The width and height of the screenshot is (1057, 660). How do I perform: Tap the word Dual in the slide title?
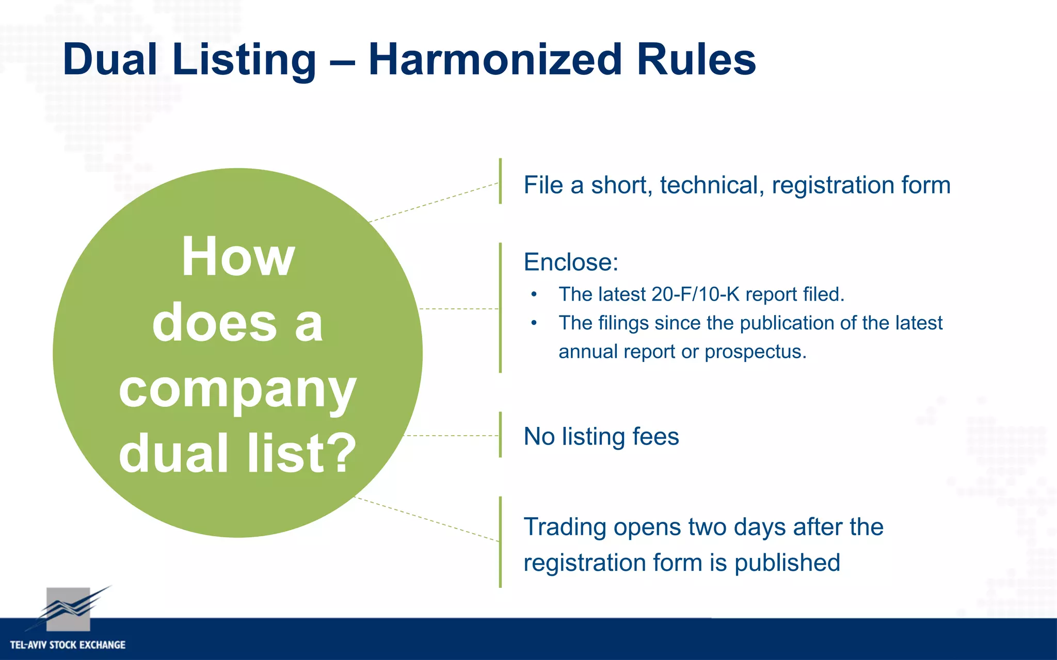(x=109, y=60)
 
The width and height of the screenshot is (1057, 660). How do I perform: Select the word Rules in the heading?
(x=696, y=60)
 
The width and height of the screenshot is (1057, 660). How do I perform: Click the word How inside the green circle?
(x=238, y=257)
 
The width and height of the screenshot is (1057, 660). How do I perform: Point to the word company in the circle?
(x=237, y=390)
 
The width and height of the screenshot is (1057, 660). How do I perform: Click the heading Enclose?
(x=570, y=262)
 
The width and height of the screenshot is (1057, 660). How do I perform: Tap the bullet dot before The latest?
(x=534, y=295)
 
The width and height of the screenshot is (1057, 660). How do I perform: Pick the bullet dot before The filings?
(x=534, y=323)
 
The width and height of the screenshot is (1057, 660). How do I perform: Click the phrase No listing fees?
(x=601, y=437)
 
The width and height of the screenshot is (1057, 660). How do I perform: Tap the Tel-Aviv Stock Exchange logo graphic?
(x=69, y=609)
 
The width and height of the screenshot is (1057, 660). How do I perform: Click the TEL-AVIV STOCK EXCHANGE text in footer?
(x=68, y=645)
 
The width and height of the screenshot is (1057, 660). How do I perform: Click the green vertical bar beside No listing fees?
(x=500, y=435)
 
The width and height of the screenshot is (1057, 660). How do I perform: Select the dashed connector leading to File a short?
(x=434, y=202)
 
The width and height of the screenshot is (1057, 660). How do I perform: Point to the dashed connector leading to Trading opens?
(x=428, y=519)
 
